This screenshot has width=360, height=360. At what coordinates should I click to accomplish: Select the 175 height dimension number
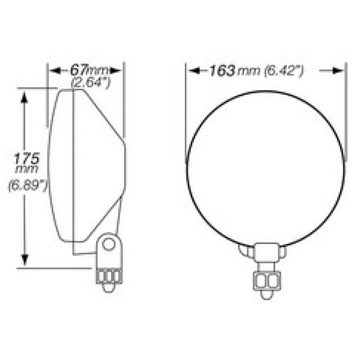click(26, 159)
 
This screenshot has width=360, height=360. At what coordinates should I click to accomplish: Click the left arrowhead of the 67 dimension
click(54, 71)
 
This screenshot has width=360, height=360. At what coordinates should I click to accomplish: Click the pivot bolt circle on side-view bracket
click(109, 244)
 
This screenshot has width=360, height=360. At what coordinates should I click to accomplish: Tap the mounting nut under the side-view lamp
click(109, 276)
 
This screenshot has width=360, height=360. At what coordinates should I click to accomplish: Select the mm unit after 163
click(249, 71)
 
